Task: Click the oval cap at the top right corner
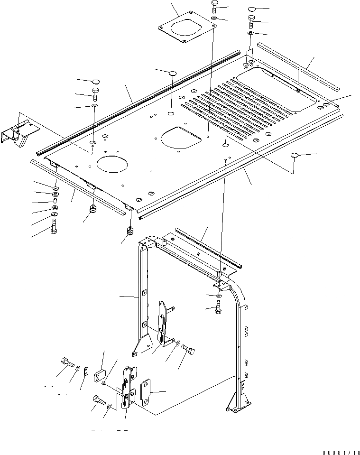click(252, 9)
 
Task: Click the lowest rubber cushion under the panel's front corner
click(130, 232)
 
